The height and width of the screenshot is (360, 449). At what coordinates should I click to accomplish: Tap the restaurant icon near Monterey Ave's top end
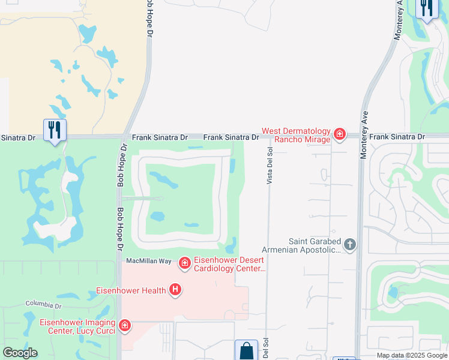coord(426,8)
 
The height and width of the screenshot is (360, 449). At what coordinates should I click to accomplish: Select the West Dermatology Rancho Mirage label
coord(297,135)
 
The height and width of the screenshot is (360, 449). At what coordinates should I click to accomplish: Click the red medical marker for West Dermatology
coord(340,134)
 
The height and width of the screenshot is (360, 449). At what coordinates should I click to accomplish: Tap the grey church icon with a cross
coord(349,244)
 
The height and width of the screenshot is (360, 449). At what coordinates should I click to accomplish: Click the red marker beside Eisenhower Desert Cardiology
coord(184,263)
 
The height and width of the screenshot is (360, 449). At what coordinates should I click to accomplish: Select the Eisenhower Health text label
coord(131,291)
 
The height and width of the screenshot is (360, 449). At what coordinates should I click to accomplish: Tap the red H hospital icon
coord(175,290)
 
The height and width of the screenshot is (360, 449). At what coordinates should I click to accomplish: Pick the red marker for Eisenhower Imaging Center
coord(125,326)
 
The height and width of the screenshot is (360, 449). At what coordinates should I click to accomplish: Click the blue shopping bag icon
coord(246,350)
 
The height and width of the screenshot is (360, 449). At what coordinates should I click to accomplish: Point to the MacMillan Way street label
coord(148,262)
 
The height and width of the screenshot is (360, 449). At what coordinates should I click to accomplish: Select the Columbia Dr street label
coord(43,305)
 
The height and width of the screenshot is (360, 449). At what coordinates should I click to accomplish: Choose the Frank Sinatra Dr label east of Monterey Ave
coord(397,137)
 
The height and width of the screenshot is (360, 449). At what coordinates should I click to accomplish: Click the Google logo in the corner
coord(20,353)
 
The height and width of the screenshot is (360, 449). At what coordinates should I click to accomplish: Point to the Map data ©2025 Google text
coord(412,355)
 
